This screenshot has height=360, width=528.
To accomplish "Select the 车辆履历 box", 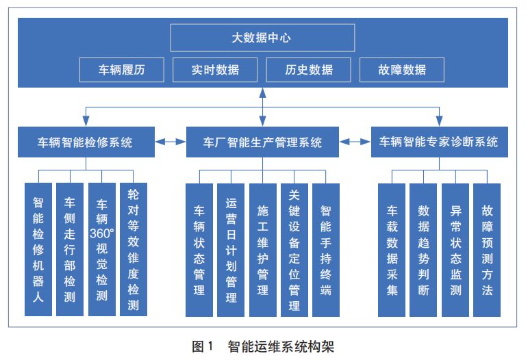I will point(121,69).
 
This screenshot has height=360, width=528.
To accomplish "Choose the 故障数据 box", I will point(401,69).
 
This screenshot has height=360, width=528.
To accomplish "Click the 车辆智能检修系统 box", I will point(85,142).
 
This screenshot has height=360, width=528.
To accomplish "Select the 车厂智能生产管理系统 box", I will point(263,142).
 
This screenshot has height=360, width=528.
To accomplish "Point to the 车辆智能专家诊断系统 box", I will point(439,142).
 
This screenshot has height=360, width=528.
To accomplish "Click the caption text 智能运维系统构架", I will point(281,346).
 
